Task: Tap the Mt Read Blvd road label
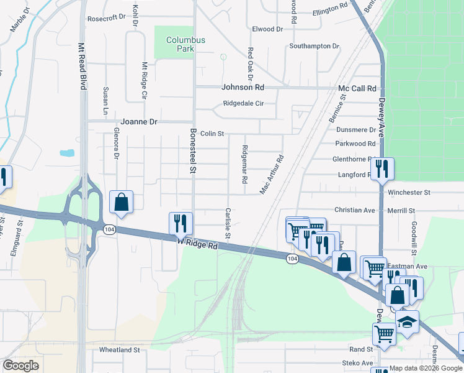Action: (x=81, y=67)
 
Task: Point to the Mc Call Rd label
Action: (x=357, y=89)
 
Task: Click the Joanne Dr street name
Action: (x=140, y=122)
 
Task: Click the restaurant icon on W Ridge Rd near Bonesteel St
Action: (x=181, y=223)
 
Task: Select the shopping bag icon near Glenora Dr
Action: (x=121, y=201)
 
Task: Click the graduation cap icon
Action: (x=407, y=322)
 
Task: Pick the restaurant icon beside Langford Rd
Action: (x=382, y=168)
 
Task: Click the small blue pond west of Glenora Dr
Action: (x=66, y=152)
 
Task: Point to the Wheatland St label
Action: (x=120, y=350)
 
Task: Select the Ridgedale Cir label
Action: (x=244, y=104)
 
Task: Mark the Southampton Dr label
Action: (x=315, y=47)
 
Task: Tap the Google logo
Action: (x=20, y=366)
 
